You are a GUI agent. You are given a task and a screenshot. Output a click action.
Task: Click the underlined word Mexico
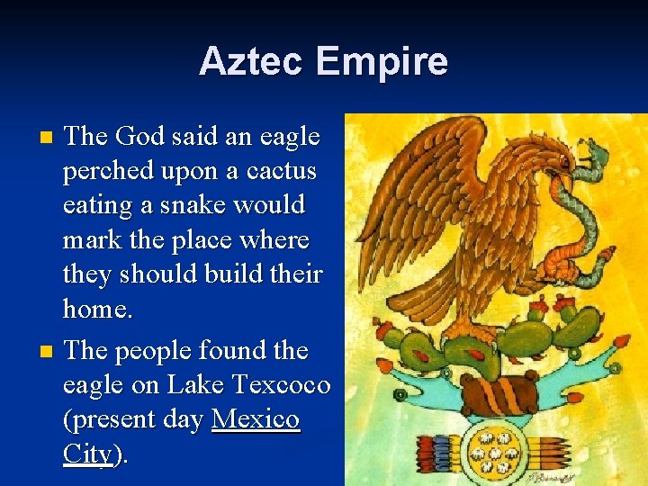click(x=255, y=420)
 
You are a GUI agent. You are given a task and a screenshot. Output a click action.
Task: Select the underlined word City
click(x=88, y=454)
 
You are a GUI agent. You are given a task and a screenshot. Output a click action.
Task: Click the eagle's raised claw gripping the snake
click(x=559, y=260)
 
